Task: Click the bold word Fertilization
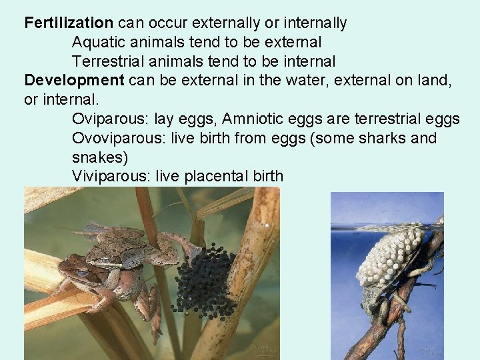click(x=69, y=23)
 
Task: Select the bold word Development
click(x=74, y=81)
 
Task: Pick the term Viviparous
click(x=111, y=177)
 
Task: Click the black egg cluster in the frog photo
click(x=204, y=280)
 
